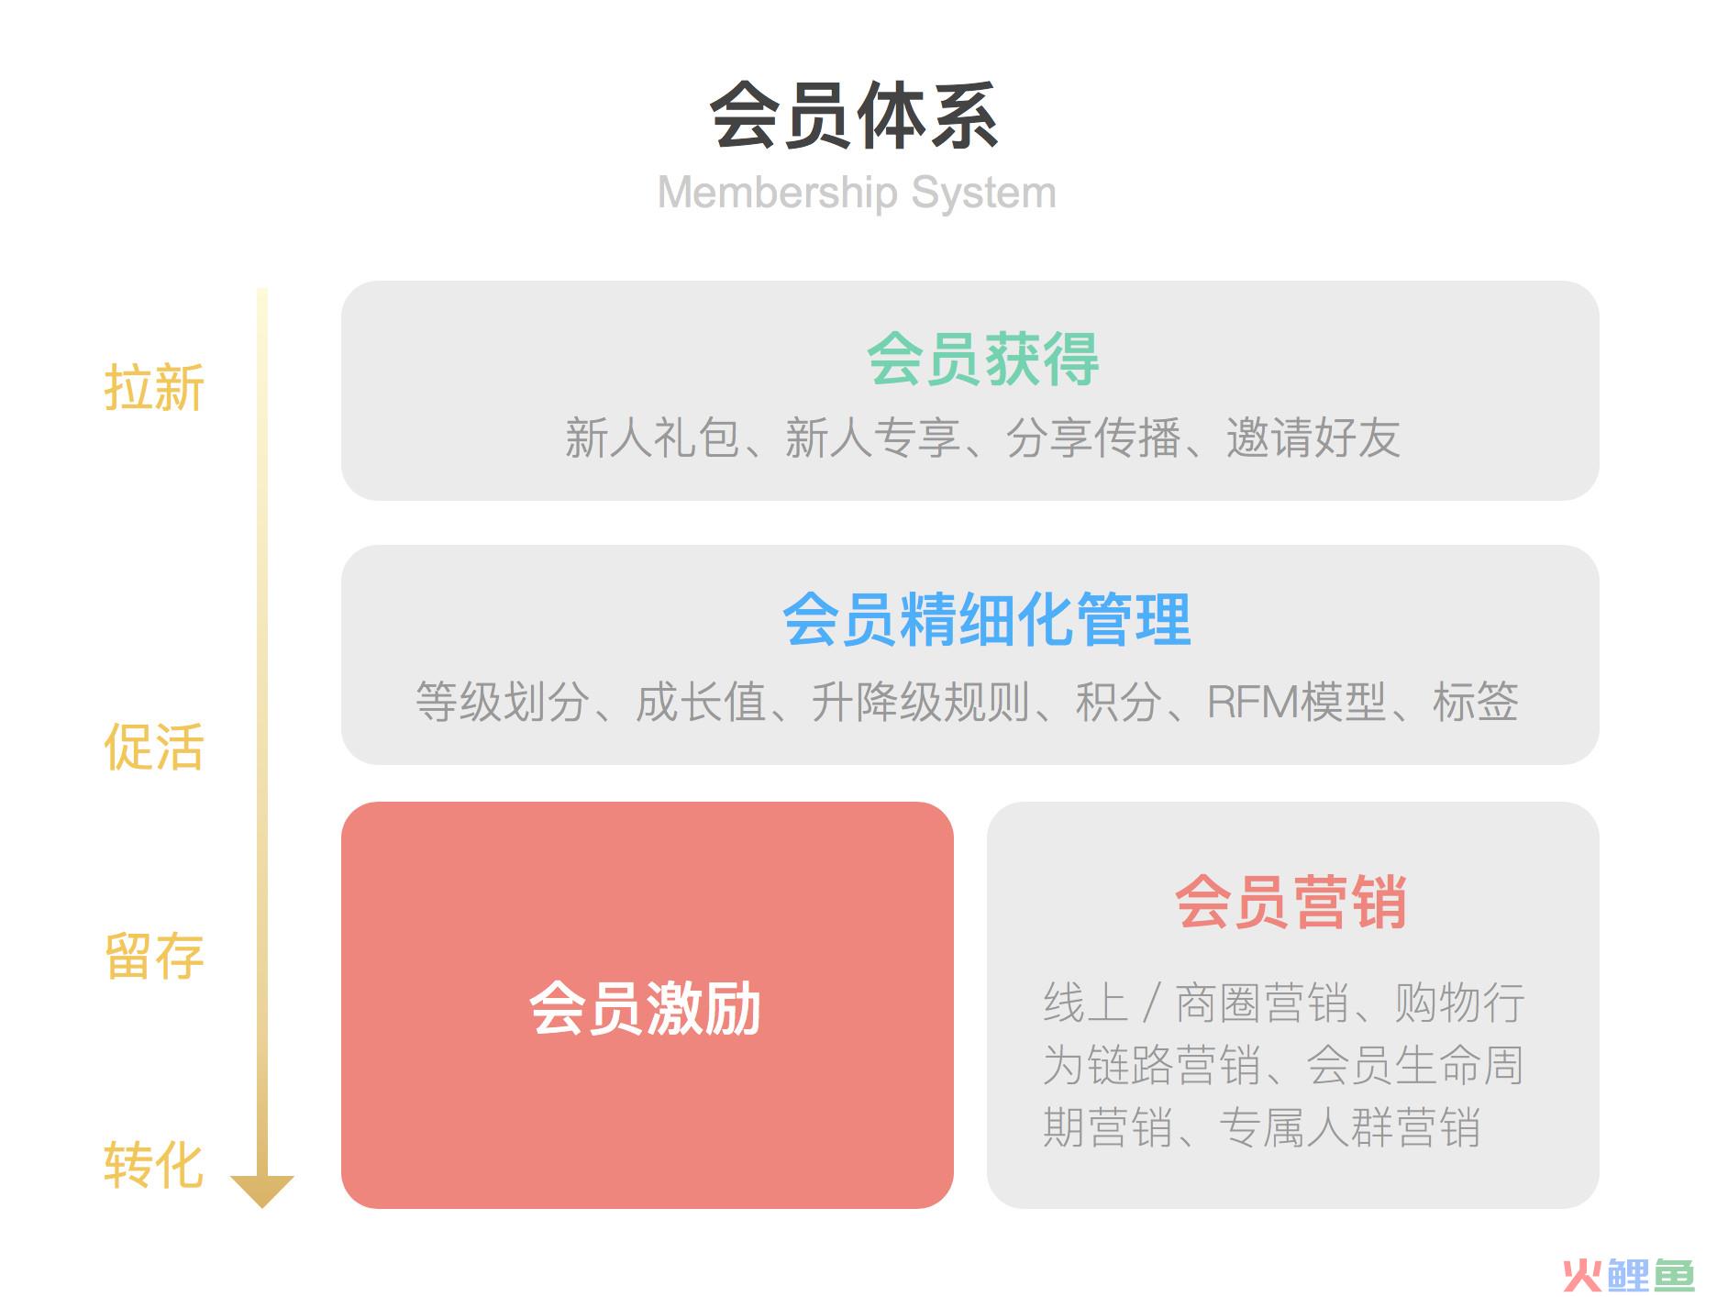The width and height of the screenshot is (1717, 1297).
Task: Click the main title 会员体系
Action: (x=855, y=116)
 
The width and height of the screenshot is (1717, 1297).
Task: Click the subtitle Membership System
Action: (x=857, y=194)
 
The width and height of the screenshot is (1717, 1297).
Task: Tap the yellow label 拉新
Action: (x=153, y=387)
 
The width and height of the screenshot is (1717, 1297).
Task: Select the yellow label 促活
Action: (x=153, y=746)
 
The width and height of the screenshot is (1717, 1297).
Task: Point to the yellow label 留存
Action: (x=153, y=956)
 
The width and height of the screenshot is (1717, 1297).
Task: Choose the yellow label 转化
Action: (x=153, y=1165)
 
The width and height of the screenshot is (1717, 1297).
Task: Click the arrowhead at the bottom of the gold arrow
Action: (x=261, y=1191)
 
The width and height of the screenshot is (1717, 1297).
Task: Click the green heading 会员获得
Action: (x=982, y=359)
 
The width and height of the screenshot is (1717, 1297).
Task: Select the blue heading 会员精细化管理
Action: (x=986, y=620)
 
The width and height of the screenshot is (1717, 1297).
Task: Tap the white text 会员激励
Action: (x=646, y=1008)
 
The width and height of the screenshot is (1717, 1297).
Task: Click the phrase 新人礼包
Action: (x=652, y=438)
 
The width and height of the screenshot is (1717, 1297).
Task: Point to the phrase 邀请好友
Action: (x=1313, y=438)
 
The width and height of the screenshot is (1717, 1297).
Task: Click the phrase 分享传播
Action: (x=1092, y=438)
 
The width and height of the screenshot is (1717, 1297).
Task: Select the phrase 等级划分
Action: (x=502, y=702)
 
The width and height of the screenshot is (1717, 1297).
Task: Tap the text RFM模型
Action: (x=1295, y=702)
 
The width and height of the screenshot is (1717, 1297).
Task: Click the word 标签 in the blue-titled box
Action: (x=1475, y=702)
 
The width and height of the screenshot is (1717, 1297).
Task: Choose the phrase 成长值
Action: (x=701, y=702)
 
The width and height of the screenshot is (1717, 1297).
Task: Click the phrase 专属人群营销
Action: (x=1350, y=1127)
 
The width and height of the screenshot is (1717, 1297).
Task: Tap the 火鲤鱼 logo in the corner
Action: (x=1628, y=1274)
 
